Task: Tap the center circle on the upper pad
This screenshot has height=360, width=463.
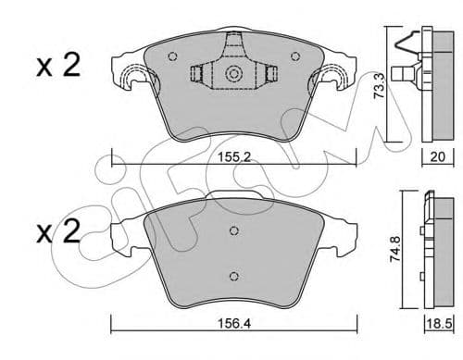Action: [233, 74]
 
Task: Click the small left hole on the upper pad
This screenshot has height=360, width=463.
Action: [171, 55]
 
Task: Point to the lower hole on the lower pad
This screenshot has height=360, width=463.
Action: [233, 276]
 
